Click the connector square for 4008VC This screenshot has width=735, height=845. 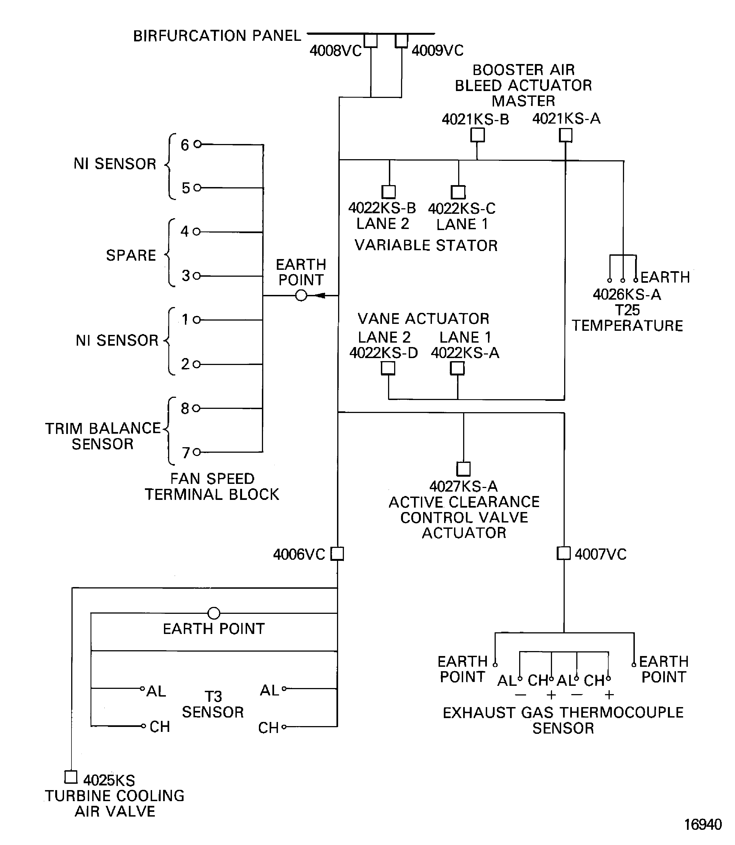pyautogui.click(x=371, y=41)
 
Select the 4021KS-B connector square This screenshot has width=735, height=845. pyautogui.click(x=477, y=135)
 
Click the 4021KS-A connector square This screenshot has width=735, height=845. pyautogui.click(x=566, y=135)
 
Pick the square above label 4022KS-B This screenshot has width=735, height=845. pyautogui.click(x=388, y=192)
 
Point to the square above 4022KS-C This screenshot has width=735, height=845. pyautogui.click(x=458, y=192)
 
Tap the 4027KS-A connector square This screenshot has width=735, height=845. pyautogui.click(x=463, y=469)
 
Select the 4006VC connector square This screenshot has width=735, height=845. pyautogui.click(x=337, y=553)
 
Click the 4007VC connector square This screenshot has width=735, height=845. pyautogui.click(x=564, y=553)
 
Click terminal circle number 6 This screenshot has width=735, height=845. pyautogui.click(x=197, y=144)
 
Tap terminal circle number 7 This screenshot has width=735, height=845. pyautogui.click(x=197, y=452)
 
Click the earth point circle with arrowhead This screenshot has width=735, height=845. pyautogui.click(x=301, y=295)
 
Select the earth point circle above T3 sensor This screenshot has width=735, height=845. pyautogui.click(x=214, y=613)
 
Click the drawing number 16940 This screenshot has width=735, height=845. pyautogui.click(x=703, y=824)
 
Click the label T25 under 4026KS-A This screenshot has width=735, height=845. pyautogui.click(x=627, y=310)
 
